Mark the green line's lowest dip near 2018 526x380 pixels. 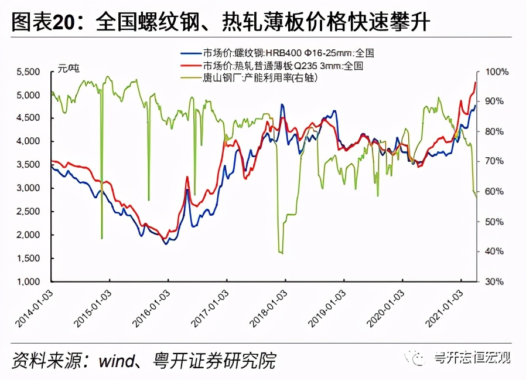pyautogui.click(x=281, y=253)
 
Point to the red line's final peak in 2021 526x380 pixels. pyautogui.click(x=475, y=83)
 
